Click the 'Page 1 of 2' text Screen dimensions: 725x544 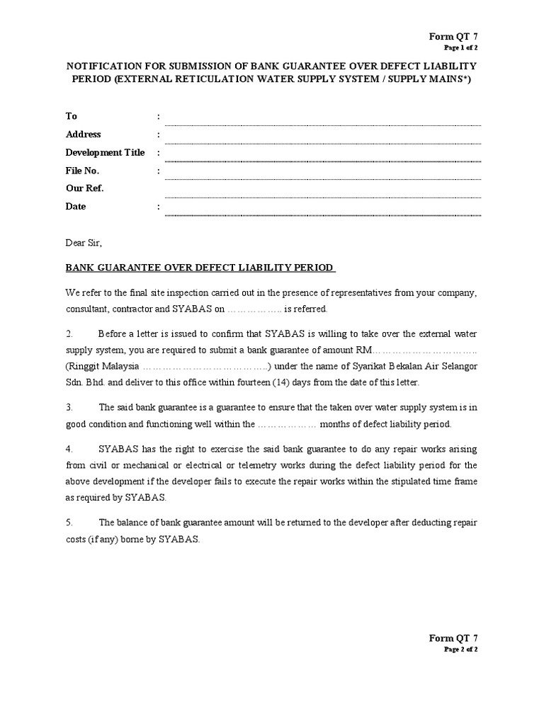coord(460,48)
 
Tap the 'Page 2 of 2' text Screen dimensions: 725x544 coord(460,649)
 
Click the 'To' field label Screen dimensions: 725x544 coord(72,116)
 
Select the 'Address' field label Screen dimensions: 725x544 coord(84,135)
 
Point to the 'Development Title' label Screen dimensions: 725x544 coord(105,153)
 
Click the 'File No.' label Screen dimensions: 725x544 coord(83,171)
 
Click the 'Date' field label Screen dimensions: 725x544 coord(76,207)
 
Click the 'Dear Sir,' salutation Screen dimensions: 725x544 coord(84,243)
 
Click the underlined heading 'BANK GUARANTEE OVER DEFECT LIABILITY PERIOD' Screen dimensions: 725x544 coord(200,268)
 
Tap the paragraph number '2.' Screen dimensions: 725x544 coord(69,333)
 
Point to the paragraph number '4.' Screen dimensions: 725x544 coord(69,449)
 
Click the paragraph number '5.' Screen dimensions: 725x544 coord(69,523)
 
